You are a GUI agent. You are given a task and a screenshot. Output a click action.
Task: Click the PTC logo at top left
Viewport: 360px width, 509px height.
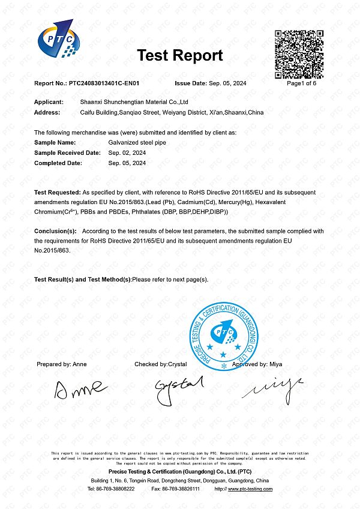coord(58,41)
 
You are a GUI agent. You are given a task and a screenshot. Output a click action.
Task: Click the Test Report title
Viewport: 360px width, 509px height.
coord(180,56)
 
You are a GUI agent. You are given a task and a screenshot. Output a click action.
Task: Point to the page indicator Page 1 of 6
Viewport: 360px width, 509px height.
coord(301,83)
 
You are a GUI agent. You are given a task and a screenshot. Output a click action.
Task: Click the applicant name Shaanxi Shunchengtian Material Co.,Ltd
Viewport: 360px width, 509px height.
coord(134,103)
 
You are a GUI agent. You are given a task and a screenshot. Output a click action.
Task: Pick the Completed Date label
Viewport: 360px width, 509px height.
coord(58,163)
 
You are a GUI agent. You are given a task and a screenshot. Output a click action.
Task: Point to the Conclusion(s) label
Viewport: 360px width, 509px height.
coord(55,230)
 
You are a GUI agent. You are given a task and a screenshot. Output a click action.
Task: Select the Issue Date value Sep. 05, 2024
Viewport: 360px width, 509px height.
coord(227,83)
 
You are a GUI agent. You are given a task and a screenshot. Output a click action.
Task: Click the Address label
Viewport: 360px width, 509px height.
coord(47,112)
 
